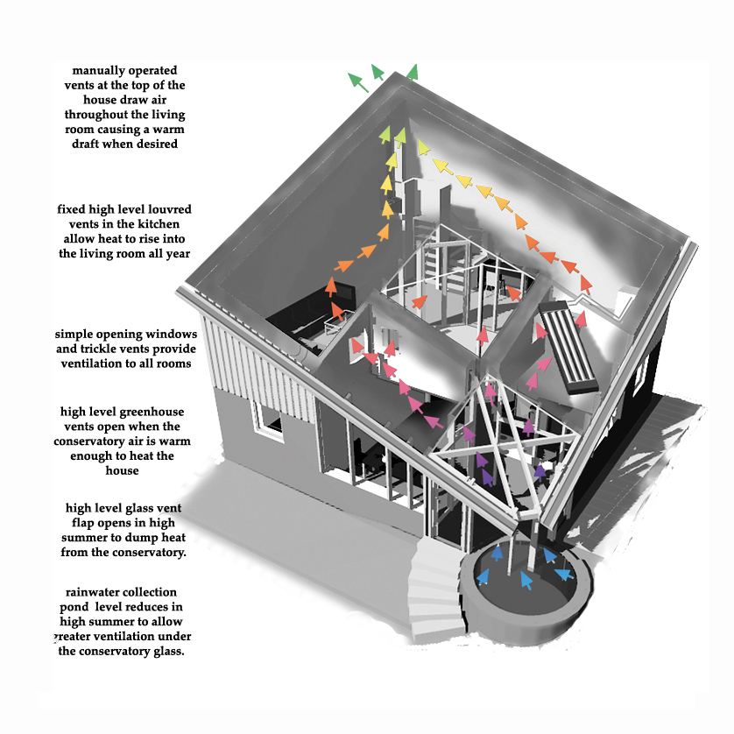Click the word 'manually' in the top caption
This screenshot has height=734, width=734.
point(101,70)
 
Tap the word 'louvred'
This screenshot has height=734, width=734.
point(167,210)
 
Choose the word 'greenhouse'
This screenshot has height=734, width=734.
point(152,411)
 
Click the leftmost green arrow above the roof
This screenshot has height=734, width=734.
point(356,81)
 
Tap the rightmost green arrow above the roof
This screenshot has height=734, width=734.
point(411,72)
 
